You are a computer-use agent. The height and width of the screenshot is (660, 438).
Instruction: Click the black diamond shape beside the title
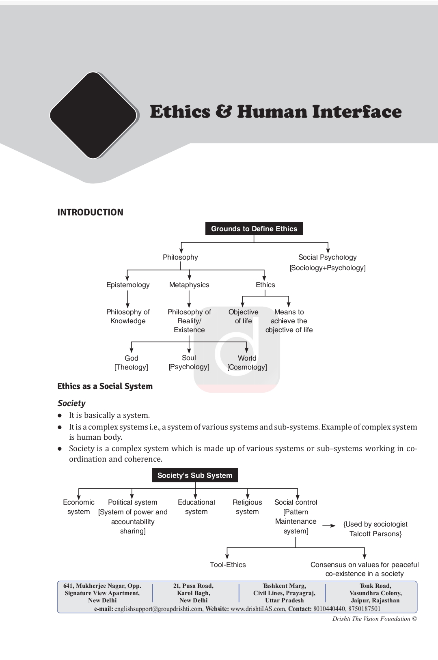click(x=93, y=115)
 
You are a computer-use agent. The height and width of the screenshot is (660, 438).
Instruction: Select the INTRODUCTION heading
click(x=90, y=213)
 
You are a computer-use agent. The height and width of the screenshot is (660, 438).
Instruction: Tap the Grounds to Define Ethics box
click(x=254, y=229)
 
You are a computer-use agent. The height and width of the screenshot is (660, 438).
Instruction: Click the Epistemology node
click(x=128, y=285)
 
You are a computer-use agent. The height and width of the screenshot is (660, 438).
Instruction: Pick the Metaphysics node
click(x=189, y=285)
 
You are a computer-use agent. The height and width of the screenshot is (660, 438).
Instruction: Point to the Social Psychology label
click(x=328, y=257)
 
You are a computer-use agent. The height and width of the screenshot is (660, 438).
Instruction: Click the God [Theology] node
click(x=131, y=363)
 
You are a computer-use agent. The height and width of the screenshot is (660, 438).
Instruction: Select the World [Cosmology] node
click(x=247, y=363)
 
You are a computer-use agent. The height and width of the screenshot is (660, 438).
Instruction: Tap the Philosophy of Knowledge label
click(x=128, y=316)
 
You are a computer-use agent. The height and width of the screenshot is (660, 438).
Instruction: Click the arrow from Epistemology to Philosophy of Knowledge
click(x=127, y=299)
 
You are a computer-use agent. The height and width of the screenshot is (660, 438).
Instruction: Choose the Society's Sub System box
click(x=195, y=475)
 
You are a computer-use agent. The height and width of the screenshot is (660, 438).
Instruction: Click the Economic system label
click(x=79, y=507)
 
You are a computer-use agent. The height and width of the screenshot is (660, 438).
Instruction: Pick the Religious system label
click(x=247, y=507)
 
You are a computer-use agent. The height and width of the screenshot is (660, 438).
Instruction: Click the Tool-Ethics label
click(x=228, y=565)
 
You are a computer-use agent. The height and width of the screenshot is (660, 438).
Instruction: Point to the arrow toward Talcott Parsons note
click(x=329, y=526)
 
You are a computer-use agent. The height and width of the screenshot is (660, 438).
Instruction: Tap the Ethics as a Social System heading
click(x=105, y=386)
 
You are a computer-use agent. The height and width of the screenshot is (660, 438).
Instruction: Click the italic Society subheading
click(x=71, y=403)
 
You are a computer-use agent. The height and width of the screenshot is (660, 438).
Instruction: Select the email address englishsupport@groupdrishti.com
click(x=159, y=609)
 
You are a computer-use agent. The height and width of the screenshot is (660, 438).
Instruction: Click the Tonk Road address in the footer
click(x=375, y=593)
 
